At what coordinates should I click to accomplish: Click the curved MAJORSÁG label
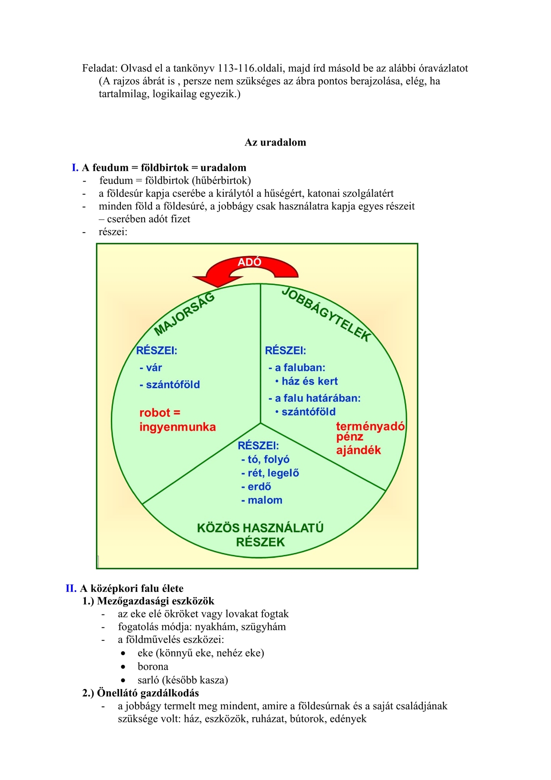click(185, 314)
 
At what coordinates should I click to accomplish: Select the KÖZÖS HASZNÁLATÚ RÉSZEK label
click(260, 535)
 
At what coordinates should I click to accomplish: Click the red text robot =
click(160, 413)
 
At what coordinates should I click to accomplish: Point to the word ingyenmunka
click(177, 427)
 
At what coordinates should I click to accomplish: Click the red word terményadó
click(370, 426)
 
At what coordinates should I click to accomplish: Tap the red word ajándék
click(358, 450)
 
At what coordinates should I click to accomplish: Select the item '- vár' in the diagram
click(151, 368)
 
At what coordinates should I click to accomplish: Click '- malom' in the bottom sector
click(262, 500)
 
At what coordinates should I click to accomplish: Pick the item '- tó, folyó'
click(265, 459)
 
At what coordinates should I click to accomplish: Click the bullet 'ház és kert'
click(309, 381)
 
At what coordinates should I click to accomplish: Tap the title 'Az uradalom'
click(275, 143)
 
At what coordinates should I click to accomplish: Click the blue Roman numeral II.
click(71, 588)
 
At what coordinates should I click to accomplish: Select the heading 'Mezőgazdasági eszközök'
click(156, 601)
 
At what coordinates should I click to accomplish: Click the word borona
click(153, 666)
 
